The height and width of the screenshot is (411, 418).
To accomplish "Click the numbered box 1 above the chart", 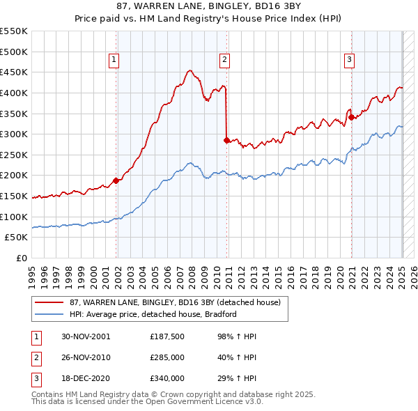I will [114, 61].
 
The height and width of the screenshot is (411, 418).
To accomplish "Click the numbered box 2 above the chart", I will [225, 61].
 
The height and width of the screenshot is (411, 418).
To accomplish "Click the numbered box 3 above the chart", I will [349, 61].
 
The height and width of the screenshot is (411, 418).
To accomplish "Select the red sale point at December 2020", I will [352, 117].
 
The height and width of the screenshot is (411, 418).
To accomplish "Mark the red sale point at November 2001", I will [116, 180].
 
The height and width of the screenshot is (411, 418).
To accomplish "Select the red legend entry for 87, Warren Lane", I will [175, 302].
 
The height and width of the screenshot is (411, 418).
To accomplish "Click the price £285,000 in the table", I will [167, 357].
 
